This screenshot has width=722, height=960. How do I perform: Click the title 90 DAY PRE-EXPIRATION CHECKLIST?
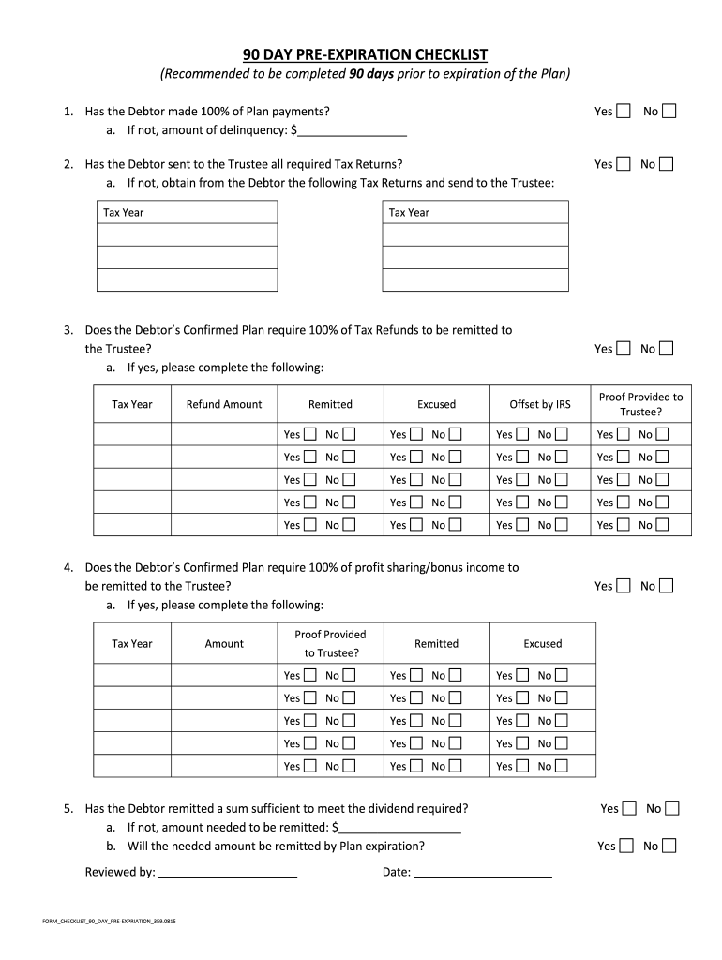[x=365, y=54]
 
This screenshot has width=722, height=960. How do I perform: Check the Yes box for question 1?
[x=624, y=112]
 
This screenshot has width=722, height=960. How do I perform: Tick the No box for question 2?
[x=666, y=164]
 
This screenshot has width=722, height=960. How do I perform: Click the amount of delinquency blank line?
[x=353, y=130]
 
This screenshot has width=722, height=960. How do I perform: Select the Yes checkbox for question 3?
[x=624, y=349]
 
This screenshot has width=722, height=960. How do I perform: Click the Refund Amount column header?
[x=224, y=404]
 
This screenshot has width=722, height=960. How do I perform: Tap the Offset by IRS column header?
[x=539, y=404]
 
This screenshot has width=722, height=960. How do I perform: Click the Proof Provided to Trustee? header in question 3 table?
[x=640, y=404]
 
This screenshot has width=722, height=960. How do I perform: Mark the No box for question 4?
[x=666, y=586]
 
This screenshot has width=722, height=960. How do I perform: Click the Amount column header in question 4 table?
[x=224, y=643]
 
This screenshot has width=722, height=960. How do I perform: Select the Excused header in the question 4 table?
[x=542, y=643]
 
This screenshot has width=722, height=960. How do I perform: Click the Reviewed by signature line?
[x=228, y=872]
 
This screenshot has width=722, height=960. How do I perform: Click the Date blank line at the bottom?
[x=482, y=872]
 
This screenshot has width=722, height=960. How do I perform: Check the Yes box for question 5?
[x=629, y=808]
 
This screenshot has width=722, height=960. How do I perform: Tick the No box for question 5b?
[x=669, y=846]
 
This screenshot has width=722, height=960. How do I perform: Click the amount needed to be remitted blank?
[x=401, y=828]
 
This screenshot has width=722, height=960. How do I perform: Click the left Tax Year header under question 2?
[x=124, y=212]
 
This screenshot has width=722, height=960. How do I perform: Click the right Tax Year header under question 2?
[x=409, y=212]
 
